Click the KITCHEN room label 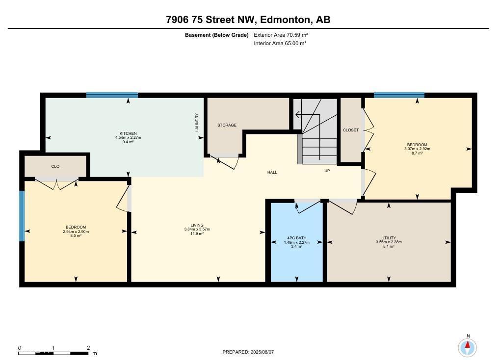(x=128, y=133)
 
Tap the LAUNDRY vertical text (x=197, y=122)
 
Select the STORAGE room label (x=227, y=125)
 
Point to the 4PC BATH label (x=296, y=238)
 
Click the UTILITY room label (x=389, y=238)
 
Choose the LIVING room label (x=197, y=225)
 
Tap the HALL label (x=272, y=172)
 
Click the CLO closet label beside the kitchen (x=55, y=166)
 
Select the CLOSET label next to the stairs (x=351, y=130)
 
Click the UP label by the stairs (x=327, y=171)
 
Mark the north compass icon (x=468, y=347)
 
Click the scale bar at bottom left (x=54, y=351)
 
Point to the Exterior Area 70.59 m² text (x=280, y=35)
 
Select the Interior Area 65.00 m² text (x=280, y=43)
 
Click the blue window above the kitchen (x=112, y=95)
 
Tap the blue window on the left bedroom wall (x=22, y=216)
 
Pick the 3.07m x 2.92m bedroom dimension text (x=416, y=149)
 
